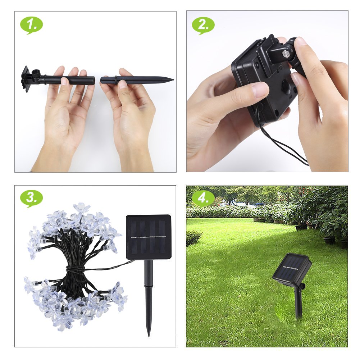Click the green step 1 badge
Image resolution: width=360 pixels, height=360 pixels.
(x=31, y=25)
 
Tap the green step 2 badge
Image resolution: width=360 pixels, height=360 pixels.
(x=203, y=25)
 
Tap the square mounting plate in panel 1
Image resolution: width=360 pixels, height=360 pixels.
(x=26, y=79)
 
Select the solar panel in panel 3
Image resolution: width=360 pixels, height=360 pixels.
(x=149, y=237)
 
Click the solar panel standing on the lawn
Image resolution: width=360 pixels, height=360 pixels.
(x=292, y=268)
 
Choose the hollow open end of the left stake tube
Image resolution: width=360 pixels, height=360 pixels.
(x=94, y=80)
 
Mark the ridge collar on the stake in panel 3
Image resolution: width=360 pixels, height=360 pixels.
(x=149, y=287)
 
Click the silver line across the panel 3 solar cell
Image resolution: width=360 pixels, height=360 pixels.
(x=149, y=237)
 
